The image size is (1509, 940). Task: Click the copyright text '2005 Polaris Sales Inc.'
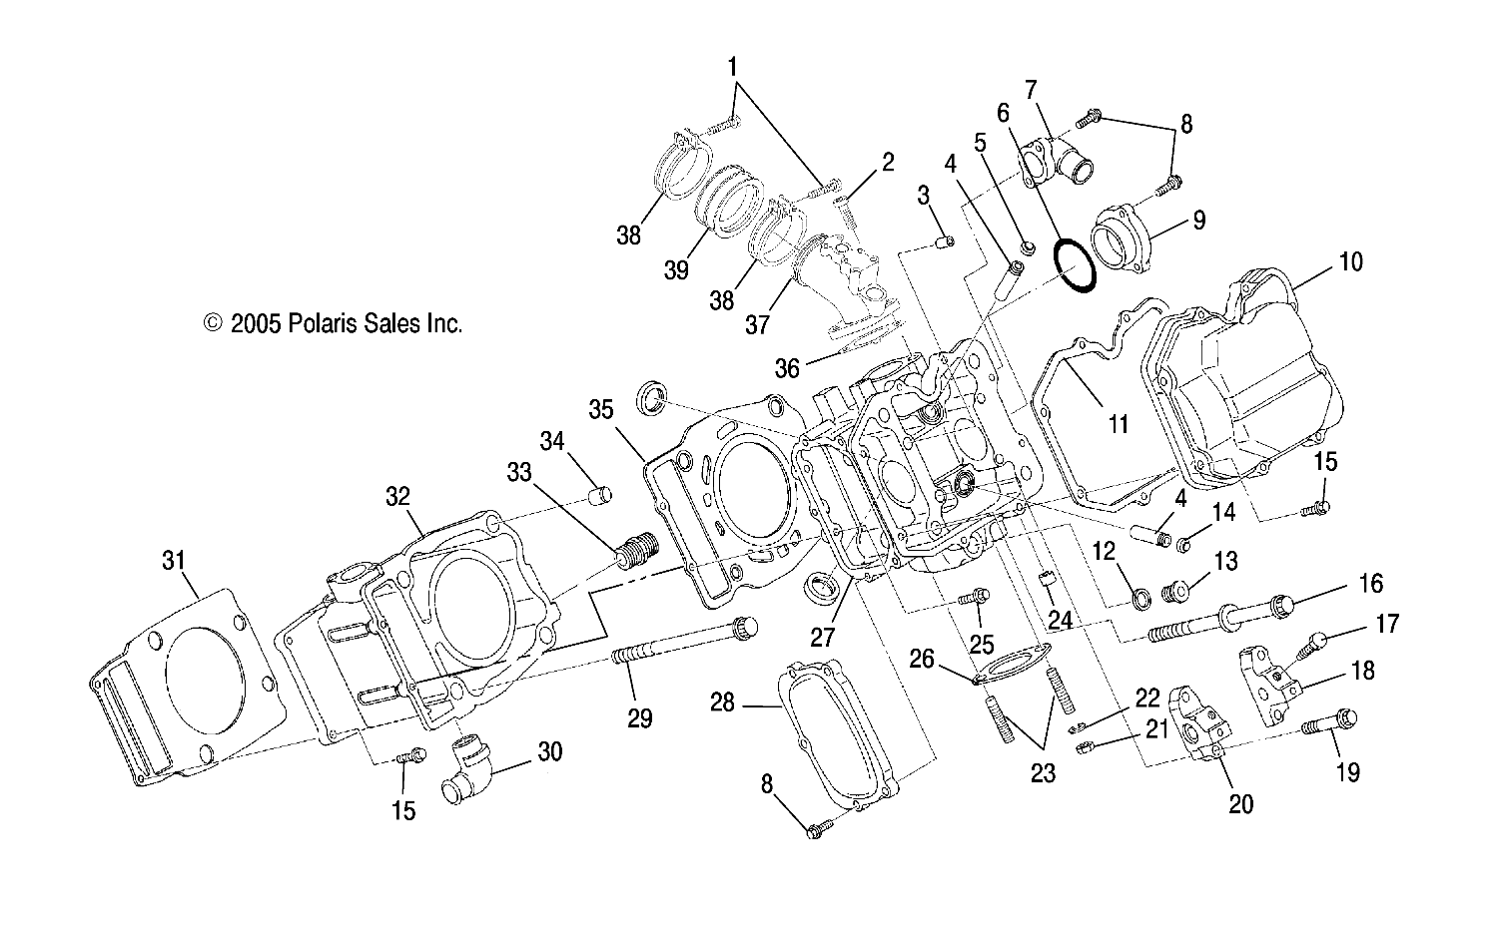pyautogui.click(x=334, y=323)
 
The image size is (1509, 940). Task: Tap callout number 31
pyautogui.click(x=174, y=562)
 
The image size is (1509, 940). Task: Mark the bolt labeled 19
pyautogui.click(x=1331, y=721)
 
